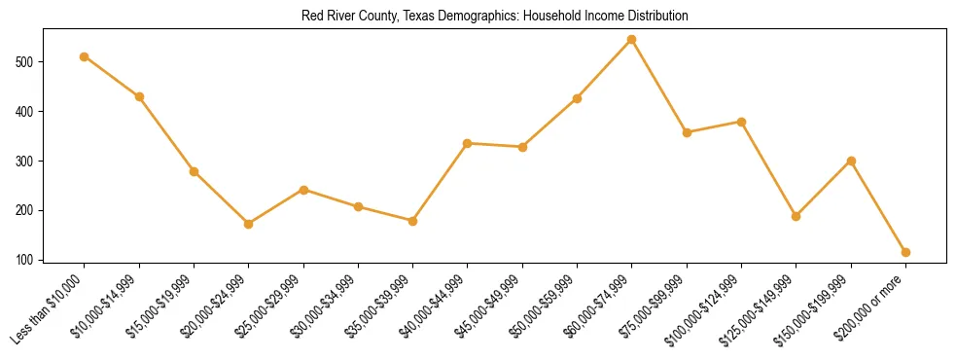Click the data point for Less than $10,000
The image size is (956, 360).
(x=85, y=56)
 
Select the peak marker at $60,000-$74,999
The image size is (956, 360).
(x=632, y=40)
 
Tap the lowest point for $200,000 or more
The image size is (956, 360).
(x=905, y=252)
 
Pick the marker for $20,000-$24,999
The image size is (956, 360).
(x=249, y=224)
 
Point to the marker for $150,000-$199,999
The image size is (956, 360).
(x=851, y=161)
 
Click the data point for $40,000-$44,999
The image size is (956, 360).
(x=468, y=143)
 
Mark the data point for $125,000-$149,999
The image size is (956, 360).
(x=797, y=216)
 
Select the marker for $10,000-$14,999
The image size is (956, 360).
(x=139, y=96)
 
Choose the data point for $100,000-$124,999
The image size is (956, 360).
(x=742, y=122)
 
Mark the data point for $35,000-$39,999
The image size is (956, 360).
(x=413, y=221)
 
